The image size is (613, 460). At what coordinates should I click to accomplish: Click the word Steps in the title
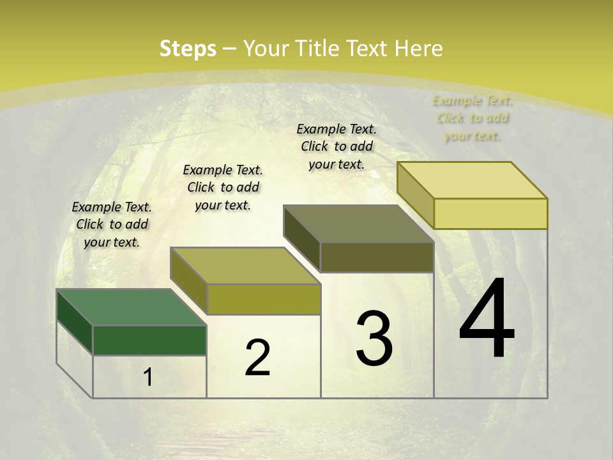click(188, 49)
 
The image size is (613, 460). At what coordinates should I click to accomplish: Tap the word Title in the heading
click(315, 49)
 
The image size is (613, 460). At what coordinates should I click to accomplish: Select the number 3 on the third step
click(374, 339)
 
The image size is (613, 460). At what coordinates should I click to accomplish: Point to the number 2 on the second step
click(258, 358)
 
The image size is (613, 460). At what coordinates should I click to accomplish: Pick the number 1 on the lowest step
click(148, 378)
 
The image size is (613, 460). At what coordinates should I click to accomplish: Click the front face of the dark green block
click(149, 341)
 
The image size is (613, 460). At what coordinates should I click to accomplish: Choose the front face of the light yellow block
click(490, 213)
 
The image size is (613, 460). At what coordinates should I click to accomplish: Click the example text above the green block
click(112, 224)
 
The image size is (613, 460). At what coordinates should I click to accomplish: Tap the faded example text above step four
click(473, 118)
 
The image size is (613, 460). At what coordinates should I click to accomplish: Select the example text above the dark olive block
click(337, 146)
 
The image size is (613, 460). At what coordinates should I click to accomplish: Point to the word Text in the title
click(368, 49)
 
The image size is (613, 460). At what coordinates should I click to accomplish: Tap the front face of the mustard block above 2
click(263, 299)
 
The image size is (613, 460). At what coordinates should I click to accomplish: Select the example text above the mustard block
click(223, 187)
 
